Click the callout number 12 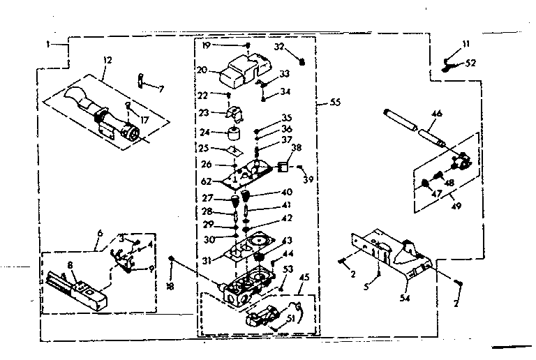click(x=105, y=61)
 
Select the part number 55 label click(x=335, y=103)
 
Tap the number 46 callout click(x=437, y=113)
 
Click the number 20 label click(x=202, y=70)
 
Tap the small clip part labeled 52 click(x=451, y=66)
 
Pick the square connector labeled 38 click(x=283, y=167)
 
